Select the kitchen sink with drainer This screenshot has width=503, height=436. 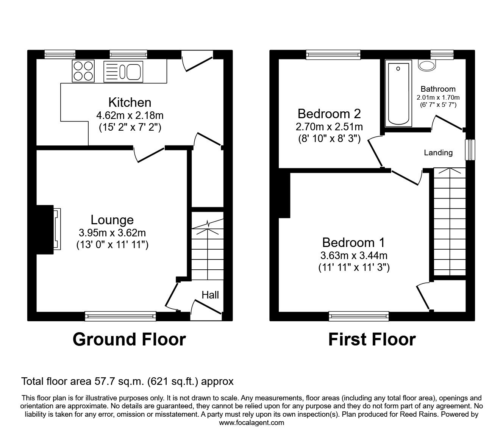tap(123, 71)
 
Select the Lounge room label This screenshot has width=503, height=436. tap(112, 220)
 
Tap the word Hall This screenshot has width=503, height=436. tap(210, 295)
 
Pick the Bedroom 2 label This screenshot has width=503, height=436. tap(329, 114)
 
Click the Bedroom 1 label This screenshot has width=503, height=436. tap(353, 242)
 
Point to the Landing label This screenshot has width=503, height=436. tap(438, 153)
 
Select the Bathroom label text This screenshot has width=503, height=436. tap(438, 89)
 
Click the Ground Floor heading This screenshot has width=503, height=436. tap(129, 339)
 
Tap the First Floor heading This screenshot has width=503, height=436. tap(372, 339)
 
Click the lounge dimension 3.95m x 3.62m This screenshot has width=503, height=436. tap(112, 233)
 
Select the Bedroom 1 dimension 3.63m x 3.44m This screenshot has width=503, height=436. tap(353, 255)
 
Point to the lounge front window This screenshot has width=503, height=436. tap(120, 316)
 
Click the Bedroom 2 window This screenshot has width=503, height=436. tap(333, 55)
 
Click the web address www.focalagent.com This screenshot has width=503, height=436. tap(251, 423)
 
